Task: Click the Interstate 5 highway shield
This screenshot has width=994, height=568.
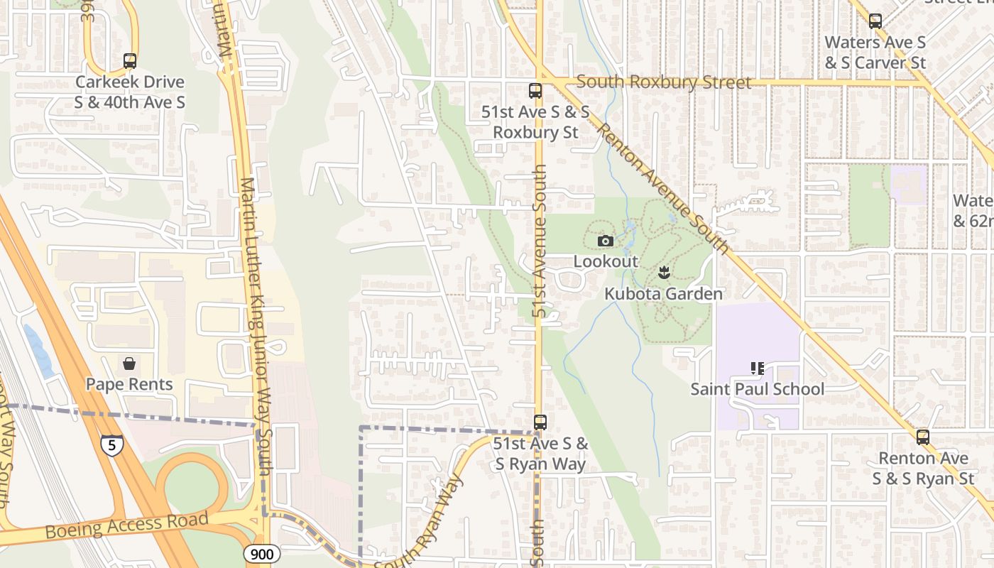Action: pyautogui.click(x=111, y=445)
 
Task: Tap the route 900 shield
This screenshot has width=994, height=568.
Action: pyautogui.click(x=261, y=554)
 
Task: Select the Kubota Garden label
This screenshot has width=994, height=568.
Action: pyautogui.click(x=663, y=294)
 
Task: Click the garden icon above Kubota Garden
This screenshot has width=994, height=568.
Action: pyautogui.click(x=664, y=273)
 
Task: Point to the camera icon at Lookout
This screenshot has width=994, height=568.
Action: pyautogui.click(x=606, y=241)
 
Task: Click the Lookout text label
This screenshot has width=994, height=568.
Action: pyautogui.click(x=606, y=261)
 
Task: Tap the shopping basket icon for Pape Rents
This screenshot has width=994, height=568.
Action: pyautogui.click(x=129, y=364)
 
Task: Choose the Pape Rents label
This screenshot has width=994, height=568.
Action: pyautogui.click(x=129, y=384)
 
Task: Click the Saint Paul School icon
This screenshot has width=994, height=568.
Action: pyautogui.click(x=758, y=368)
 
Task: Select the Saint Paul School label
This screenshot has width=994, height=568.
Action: pyautogui.click(x=758, y=389)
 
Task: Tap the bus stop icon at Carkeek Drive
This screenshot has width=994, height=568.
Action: pyautogui.click(x=129, y=61)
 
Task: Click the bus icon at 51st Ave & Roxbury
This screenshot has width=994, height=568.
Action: pyautogui.click(x=535, y=91)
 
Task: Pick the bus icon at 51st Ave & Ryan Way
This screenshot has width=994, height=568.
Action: pyautogui.click(x=540, y=422)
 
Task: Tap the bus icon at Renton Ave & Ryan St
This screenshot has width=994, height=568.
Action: pyautogui.click(x=922, y=437)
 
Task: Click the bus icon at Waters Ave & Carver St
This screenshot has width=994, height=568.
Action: pyautogui.click(x=875, y=21)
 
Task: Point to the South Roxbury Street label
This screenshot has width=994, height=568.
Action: pyautogui.click(x=663, y=82)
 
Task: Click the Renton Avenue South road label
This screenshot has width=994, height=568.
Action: pyautogui.click(x=663, y=188)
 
